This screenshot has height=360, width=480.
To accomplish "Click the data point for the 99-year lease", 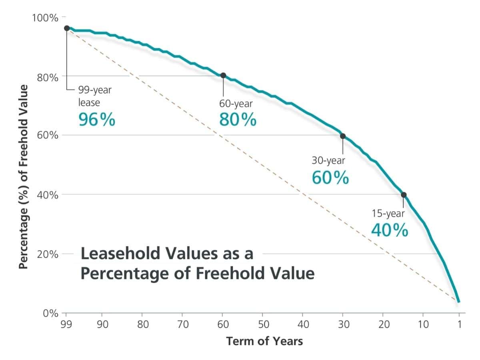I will tap(67, 28).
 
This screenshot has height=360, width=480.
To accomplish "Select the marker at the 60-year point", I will tap(223, 75).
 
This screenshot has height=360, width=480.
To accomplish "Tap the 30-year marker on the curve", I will tap(343, 136).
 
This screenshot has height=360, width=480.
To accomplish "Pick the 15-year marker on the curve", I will tap(404, 195).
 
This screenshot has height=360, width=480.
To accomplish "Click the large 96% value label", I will tap(97, 120).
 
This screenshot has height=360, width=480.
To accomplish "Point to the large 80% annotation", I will tap(238, 120).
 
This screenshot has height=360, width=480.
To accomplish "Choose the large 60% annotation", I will tap(330, 178).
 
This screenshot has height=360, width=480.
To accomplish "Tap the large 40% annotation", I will tap(390, 230).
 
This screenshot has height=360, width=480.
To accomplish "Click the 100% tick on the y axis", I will tap(45, 18).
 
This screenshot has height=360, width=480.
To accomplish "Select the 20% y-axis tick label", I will tap(48, 254).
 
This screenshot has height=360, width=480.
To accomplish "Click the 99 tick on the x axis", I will tap(66, 324).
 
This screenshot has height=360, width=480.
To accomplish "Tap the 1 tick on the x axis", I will tap(459, 324).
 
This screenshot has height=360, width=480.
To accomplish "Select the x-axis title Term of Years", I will tap(264, 341).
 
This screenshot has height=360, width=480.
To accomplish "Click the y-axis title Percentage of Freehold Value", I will tap(24, 176).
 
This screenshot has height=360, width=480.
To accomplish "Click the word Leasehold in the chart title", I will tap(116, 254).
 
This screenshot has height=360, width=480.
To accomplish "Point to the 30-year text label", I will tap(328, 160).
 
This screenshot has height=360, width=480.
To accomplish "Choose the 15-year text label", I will tap(388, 213).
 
